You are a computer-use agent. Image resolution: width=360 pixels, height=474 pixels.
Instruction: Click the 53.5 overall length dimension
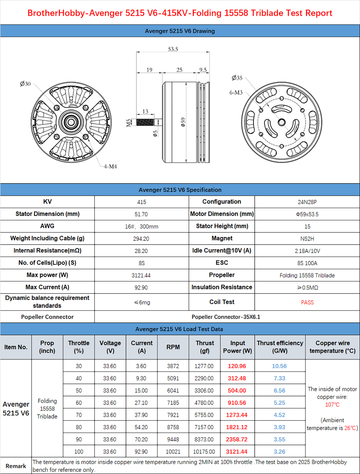[173, 49]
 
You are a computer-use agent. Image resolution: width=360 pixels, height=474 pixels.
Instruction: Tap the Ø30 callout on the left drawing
[25, 84]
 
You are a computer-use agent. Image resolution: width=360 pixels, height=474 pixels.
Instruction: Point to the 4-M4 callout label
[110, 166]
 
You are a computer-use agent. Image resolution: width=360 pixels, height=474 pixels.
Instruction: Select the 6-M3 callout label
[236, 92]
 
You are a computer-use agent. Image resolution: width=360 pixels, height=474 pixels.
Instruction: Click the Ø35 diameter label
[237, 78]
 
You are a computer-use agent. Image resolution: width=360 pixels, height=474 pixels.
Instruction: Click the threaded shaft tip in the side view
[145, 122]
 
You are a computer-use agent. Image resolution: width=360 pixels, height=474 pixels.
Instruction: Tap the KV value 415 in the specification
[142, 202]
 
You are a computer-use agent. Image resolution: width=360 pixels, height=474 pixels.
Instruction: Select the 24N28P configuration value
[307, 202]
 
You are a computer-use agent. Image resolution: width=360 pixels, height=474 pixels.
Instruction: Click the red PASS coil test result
[307, 302]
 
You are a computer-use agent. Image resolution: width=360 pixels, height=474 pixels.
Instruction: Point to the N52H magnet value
[307, 239]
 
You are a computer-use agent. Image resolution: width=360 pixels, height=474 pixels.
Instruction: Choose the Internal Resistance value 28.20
[141, 251]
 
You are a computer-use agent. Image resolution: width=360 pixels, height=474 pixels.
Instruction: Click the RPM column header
[173, 347]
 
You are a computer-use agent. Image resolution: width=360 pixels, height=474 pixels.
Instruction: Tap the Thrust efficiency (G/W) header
[280, 347]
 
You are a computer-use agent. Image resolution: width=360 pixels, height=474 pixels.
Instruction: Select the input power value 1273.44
[237, 415]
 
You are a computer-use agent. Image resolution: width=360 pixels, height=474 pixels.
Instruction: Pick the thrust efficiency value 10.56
[279, 366]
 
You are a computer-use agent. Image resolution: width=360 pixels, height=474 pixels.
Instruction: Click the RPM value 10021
[173, 451]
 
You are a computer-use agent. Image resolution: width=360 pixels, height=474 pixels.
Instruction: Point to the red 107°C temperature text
[332, 405]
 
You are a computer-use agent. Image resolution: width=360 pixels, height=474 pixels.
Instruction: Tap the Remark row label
[16, 466]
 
